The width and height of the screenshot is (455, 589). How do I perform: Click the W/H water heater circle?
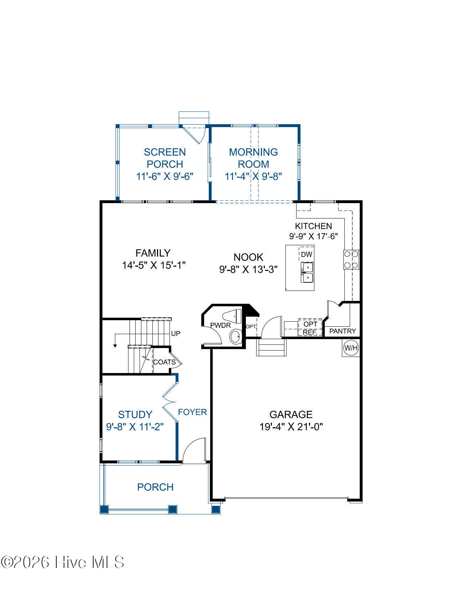coord(351,348)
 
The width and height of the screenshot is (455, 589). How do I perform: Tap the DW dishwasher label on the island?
coord(307,254)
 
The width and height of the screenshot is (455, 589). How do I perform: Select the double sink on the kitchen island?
coord(307,272)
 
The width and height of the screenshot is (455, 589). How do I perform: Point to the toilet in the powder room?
coord(232,316)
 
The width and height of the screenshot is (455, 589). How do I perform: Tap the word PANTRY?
coord(343,331)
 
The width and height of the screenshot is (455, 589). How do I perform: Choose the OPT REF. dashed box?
coord(310,328)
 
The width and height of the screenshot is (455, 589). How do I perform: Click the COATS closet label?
coord(164,362)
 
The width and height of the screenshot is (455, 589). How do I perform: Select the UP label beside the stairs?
coord(176,333)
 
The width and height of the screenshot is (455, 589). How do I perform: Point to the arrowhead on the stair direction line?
coord(115,346)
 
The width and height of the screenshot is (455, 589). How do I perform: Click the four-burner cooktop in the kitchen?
coord(351,260)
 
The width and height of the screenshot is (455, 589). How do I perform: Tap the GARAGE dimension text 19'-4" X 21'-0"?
coord(291,427)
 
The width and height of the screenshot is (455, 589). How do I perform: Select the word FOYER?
coord(192,412)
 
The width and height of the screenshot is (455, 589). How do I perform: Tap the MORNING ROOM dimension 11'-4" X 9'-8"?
coord(253,176)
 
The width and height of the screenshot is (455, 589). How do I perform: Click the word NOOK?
coord(248,257)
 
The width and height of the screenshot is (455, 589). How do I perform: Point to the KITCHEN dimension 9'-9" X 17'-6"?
coord(314,236)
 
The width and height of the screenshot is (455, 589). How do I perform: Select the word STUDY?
coord(135,414)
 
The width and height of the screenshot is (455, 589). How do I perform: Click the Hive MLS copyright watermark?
coord(62,562)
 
